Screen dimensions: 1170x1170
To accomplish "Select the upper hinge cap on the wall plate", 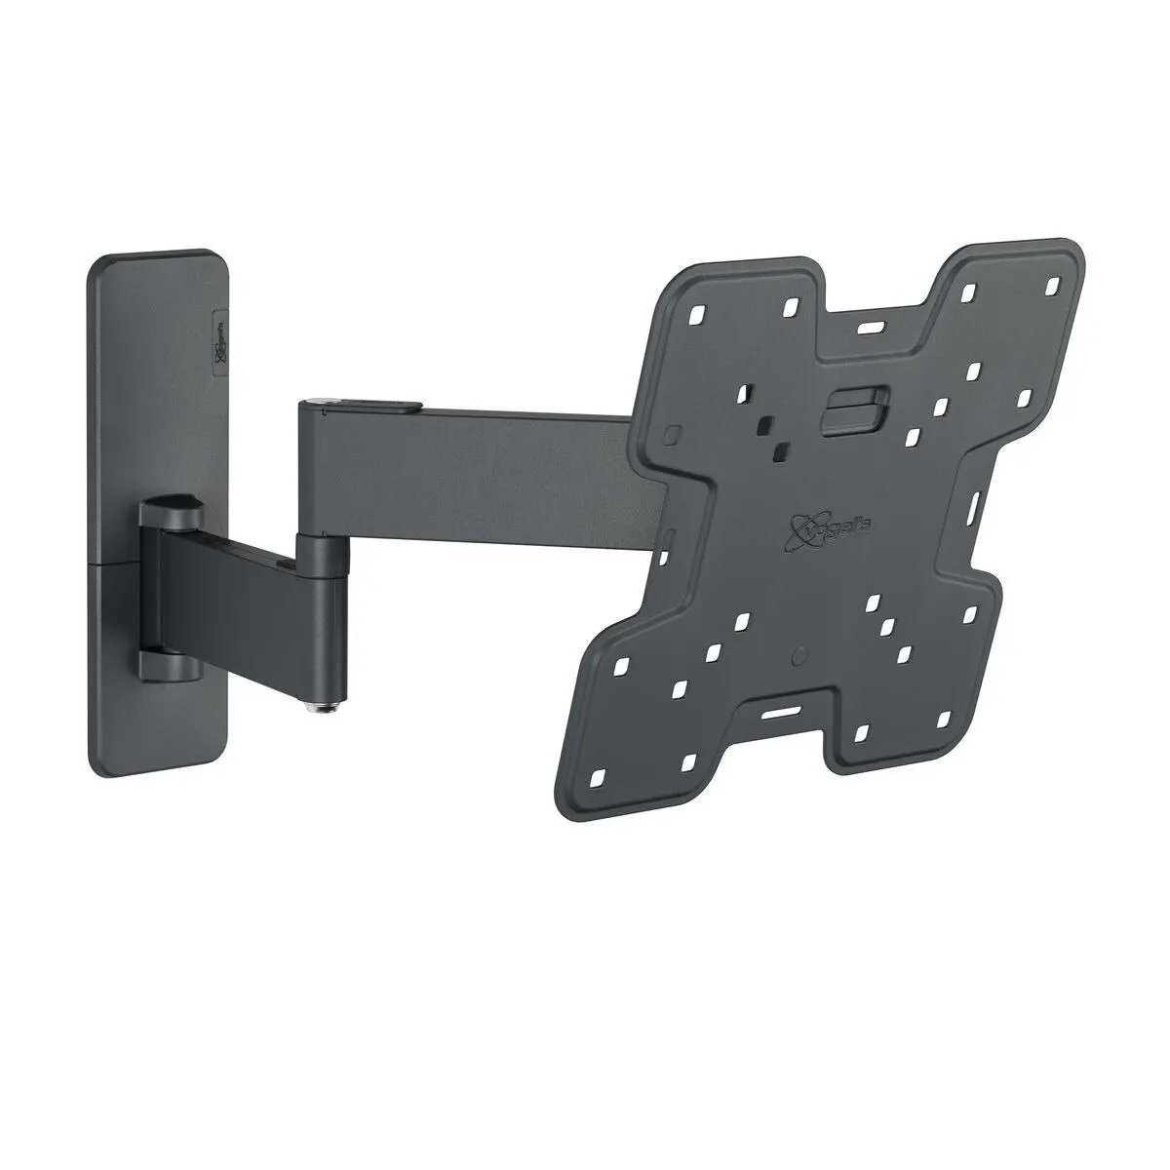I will click(172, 510).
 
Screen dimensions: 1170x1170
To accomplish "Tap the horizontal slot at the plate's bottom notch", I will click(776, 713).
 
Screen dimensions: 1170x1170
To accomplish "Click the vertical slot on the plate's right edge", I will click(980, 508).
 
